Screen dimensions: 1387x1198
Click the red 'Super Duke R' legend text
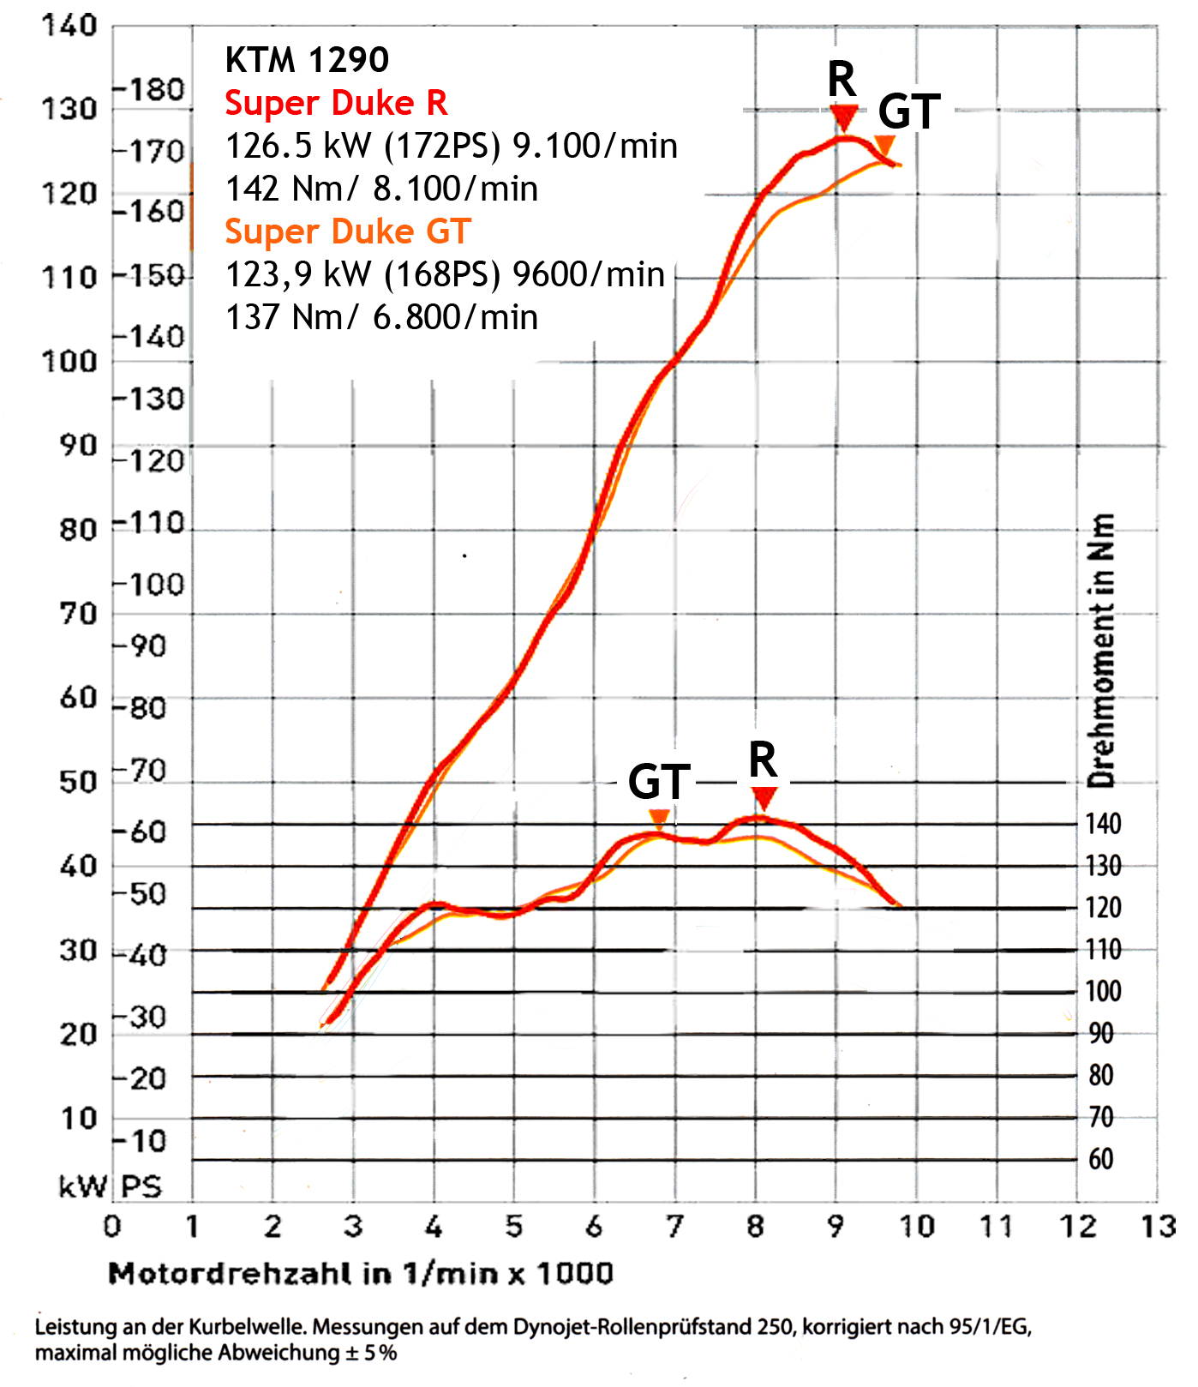coord(336,103)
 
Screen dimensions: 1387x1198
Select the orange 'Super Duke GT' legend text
coord(348,231)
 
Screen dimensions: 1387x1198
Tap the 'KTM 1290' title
coord(307,60)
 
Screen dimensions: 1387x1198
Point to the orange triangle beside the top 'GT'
coord(884,143)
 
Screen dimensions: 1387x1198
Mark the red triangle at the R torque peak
coord(763,798)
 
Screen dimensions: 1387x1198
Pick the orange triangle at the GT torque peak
coord(658,817)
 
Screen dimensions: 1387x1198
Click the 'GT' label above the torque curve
coord(659,781)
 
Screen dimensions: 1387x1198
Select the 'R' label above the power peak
coord(842,80)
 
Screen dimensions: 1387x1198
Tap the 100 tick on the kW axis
coord(69,361)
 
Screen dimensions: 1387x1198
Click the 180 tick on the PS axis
coord(150,89)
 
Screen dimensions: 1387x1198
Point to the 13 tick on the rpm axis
coord(1158,1227)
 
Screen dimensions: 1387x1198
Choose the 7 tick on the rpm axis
coord(674,1227)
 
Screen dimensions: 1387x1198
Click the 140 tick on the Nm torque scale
coord(1103,824)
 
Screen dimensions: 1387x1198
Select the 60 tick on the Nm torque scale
coord(1101,1159)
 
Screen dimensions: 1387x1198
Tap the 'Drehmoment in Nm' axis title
coord(1102,650)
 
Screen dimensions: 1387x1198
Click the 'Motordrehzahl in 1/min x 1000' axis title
coord(361,1273)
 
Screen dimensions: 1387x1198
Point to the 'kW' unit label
coord(82,1186)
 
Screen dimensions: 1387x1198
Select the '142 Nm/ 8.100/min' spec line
coord(381,189)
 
